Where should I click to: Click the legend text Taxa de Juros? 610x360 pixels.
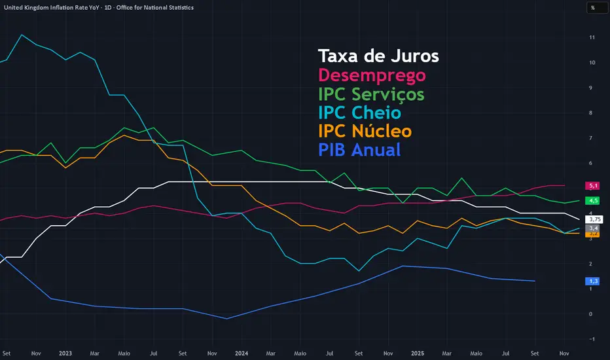click(378, 56)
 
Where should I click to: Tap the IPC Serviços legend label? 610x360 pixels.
click(371, 94)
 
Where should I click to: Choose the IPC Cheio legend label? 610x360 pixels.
click(359, 113)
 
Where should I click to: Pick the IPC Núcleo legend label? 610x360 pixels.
click(365, 131)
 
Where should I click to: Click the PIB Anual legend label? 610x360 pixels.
click(359, 150)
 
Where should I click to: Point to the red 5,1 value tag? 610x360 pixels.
click(593, 186)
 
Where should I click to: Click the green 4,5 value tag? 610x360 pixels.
click(593, 200)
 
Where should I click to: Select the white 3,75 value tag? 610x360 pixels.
click(594, 219)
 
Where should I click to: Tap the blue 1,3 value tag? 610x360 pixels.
click(593, 281)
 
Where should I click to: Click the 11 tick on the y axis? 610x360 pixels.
click(592, 37)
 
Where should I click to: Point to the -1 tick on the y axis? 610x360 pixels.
click(592, 339)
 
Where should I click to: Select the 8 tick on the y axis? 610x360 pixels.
click(592, 113)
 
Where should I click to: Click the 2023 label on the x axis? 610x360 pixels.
click(65, 353)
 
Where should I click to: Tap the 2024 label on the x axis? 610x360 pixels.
click(241, 353)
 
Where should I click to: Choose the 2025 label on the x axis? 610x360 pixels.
click(418, 353)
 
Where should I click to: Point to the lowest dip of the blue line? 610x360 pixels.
click(226, 319)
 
